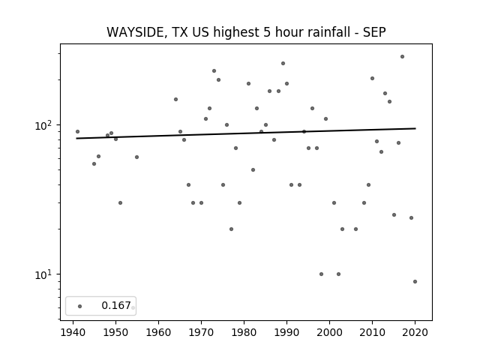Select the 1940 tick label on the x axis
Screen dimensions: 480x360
(x=73, y=332)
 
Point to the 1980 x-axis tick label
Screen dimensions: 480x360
(x=244, y=332)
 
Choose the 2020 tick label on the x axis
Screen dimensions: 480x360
(x=415, y=332)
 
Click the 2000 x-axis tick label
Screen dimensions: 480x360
(x=329, y=332)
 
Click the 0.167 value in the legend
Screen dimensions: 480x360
(x=116, y=305)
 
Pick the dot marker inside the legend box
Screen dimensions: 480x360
(x=80, y=306)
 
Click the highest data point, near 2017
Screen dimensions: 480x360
(x=402, y=57)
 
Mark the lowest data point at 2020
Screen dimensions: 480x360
(x=415, y=282)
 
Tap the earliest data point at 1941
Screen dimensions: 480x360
(x=77, y=132)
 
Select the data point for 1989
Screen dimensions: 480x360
(x=283, y=63)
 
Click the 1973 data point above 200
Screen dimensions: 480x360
(x=214, y=71)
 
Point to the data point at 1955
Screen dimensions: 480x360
(x=136, y=157)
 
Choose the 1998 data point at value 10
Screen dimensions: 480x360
(x=321, y=274)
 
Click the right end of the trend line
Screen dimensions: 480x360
(x=415, y=128)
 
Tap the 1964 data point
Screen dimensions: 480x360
(x=175, y=99)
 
